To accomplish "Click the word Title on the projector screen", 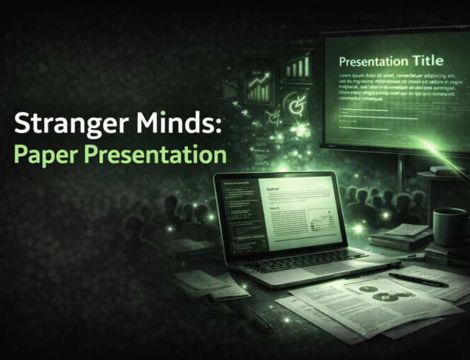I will [x=425, y=60].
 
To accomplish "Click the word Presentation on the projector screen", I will [x=370, y=60].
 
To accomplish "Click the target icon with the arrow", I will [x=294, y=104].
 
